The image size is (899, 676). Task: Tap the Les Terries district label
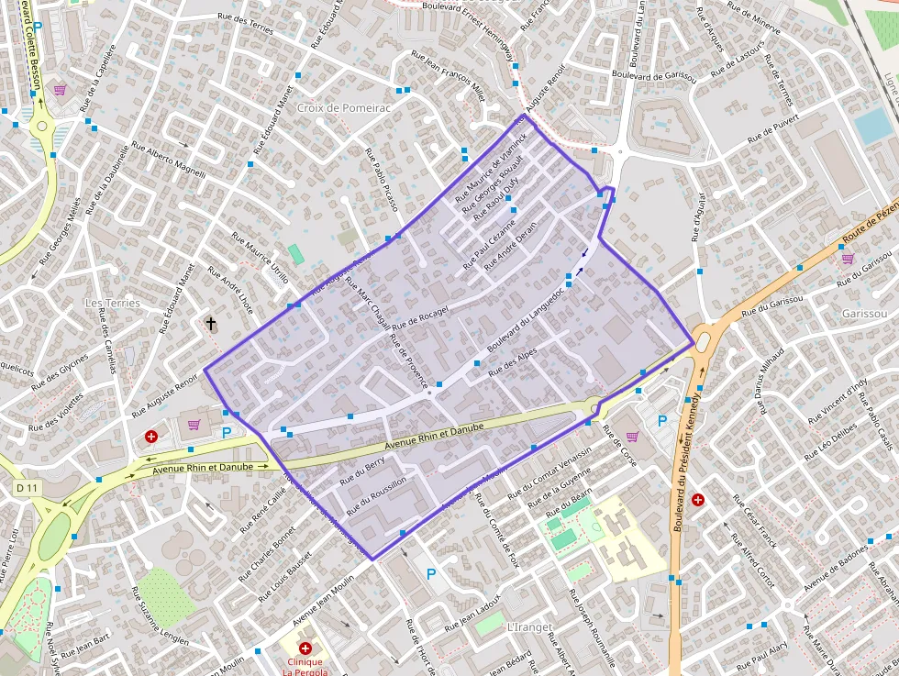click(112, 303)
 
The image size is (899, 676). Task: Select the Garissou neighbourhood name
click(864, 314)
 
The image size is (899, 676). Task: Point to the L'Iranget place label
click(528, 627)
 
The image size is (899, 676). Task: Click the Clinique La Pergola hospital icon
click(305, 648)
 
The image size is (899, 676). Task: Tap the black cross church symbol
click(211, 323)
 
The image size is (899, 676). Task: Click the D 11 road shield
click(26, 488)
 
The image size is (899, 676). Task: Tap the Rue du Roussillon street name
click(376, 493)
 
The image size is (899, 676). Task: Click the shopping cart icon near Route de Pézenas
click(848, 258)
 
